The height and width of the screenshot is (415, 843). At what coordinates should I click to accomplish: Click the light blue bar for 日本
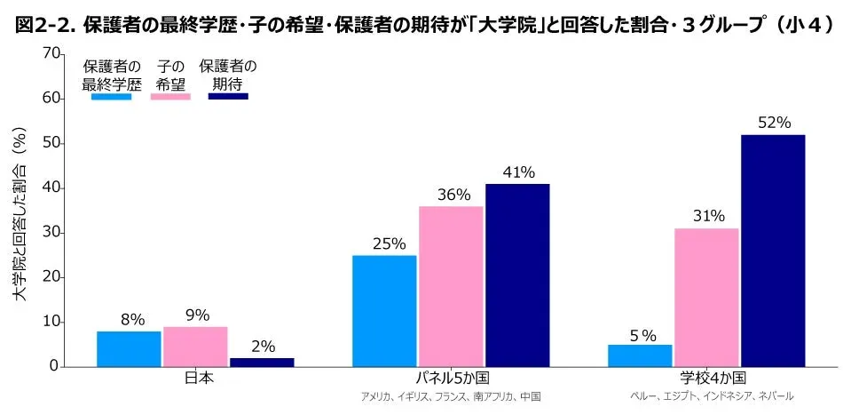(x=129, y=348)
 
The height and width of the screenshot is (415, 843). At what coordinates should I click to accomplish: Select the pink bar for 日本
(x=195, y=347)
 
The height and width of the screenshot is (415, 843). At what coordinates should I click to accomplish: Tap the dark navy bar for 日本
(x=262, y=362)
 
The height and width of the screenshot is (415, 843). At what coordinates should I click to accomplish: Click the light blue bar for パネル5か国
(x=384, y=311)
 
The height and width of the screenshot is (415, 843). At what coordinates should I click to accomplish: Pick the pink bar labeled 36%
(x=451, y=286)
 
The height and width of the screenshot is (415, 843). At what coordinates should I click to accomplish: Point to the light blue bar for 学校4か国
(x=640, y=355)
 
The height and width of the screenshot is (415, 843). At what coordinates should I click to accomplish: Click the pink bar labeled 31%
(x=706, y=298)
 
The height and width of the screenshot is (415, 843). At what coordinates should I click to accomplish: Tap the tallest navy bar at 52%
(x=773, y=251)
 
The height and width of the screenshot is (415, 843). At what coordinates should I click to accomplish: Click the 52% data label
(x=774, y=124)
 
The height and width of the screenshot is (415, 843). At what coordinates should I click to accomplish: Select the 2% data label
(x=263, y=347)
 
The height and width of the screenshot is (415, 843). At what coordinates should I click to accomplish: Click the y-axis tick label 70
(x=50, y=55)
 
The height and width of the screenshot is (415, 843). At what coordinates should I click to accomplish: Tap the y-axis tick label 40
(x=50, y=188)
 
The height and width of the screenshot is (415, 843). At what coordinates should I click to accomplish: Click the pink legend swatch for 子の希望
(x=170, y=96)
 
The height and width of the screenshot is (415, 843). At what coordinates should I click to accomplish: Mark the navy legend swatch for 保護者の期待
(x=228, y=96)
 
